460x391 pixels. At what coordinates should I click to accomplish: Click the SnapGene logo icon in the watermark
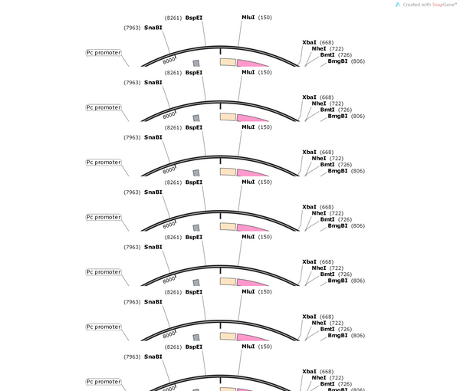pos(398,5)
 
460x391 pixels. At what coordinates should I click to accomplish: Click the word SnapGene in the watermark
pos(443,5)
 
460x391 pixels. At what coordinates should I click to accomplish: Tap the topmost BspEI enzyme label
pos(194,18)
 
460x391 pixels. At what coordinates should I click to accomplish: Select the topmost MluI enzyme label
pos(248,18)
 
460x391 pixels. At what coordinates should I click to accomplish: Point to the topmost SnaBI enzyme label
pos(153,28)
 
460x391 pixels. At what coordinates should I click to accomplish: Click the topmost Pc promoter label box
pos(103,53)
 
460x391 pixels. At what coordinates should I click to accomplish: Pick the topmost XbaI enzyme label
pos(309,42)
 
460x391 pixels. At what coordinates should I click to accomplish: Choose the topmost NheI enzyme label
pos(319,49)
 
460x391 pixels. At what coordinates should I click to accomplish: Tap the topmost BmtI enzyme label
pos(327,55)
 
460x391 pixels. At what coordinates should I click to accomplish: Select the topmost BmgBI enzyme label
pos(337,61)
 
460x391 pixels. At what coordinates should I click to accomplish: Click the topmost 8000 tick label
pos(169,61)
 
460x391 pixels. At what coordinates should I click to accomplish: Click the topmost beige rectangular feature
pos(228,62)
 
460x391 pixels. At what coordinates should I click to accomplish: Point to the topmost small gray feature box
pos(196,64)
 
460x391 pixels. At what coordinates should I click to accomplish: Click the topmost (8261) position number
pos(173,18)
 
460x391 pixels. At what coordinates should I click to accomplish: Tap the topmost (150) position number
pos(265,18)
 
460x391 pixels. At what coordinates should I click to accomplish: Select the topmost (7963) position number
pos(132,28)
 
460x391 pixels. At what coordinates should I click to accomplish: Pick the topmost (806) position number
pos(358,61)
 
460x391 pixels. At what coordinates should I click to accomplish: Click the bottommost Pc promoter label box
pos(103,382)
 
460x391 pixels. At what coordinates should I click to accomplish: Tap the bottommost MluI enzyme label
pos(248,347)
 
